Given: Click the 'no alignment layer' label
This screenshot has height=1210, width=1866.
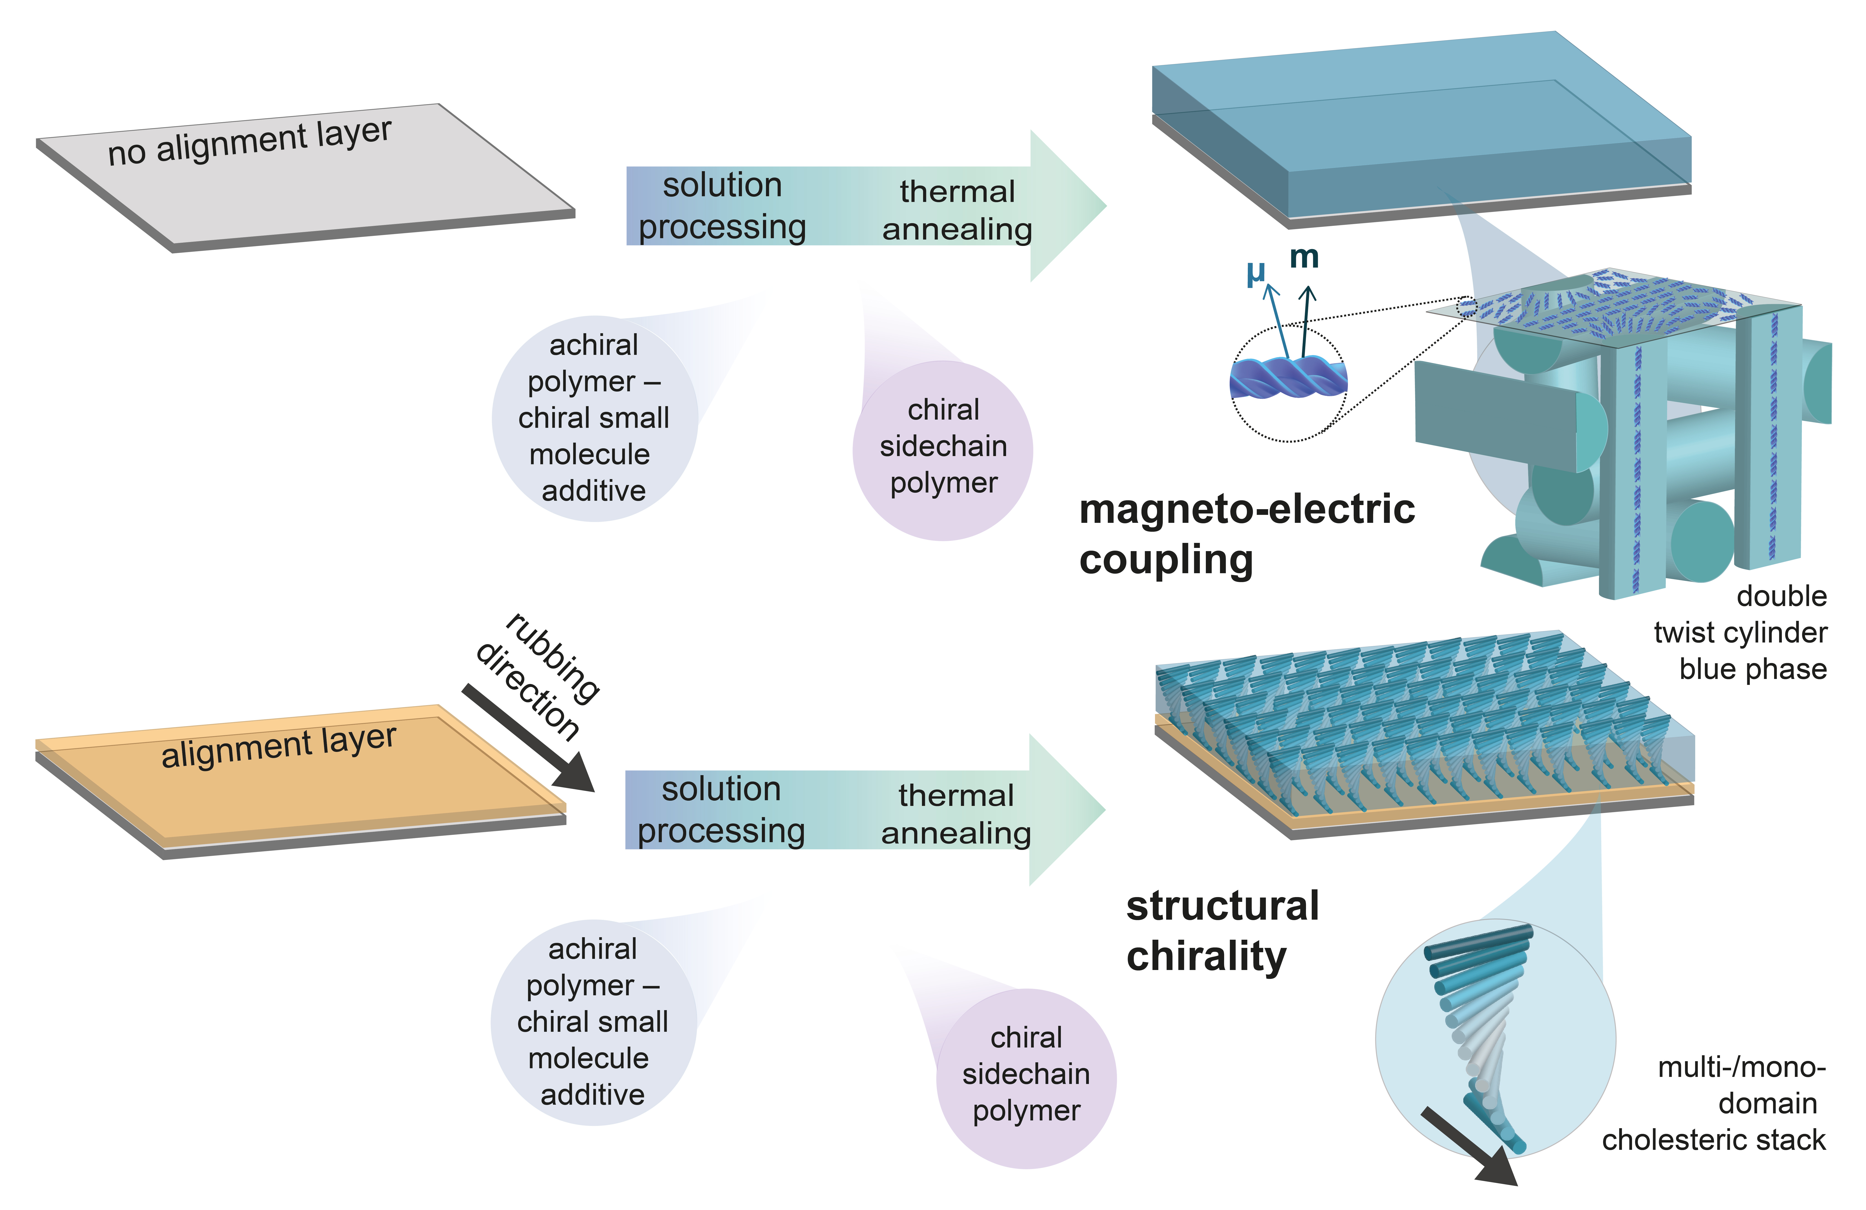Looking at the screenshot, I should pos(249,141).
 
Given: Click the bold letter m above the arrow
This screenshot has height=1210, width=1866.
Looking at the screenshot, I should pos(1304,256).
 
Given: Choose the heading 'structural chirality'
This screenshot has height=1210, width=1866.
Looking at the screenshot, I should pos(1222,930).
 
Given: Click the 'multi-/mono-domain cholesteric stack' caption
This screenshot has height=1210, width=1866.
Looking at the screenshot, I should pos(1725,1103).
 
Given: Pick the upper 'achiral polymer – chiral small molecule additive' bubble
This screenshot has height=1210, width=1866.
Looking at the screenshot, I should pos(594,418).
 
